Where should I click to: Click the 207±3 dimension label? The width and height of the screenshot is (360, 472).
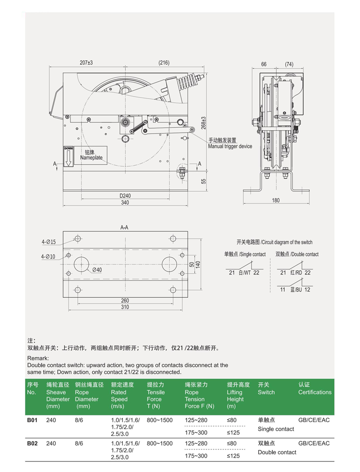click(x=86, y=63)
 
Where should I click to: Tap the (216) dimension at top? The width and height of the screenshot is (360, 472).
click(x=164, y=63)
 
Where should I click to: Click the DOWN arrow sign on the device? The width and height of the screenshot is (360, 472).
click(x=68, y=157)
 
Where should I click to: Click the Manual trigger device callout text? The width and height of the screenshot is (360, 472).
click(x=229, y=146)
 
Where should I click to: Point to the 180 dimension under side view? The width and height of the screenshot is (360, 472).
click(x=276, y=200)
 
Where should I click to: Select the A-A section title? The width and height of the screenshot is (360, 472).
click(x=124, y=228)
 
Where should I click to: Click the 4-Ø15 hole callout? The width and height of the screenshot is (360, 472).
click(x=48, y=242)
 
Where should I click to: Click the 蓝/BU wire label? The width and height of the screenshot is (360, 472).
click(x=296, y=290)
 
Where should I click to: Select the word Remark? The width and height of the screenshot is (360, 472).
click(x=38, y=359)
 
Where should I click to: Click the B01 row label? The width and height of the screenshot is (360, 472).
click(x=32, y=420)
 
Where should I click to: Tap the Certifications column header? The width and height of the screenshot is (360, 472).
click(x=314, y=392)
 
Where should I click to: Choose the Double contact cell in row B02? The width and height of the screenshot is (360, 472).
click(x=277, y=452)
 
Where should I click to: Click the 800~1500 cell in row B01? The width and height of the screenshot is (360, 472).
click(x=159, y=420)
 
